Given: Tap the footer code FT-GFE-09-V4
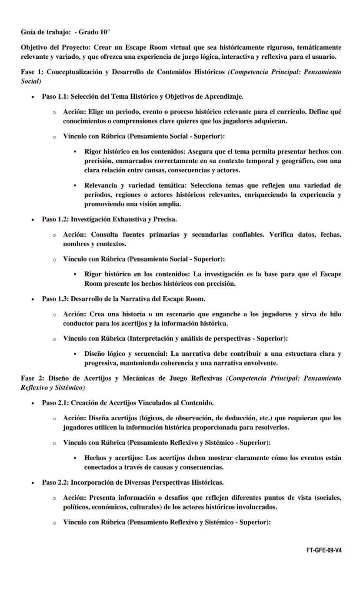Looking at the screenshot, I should [323, 550].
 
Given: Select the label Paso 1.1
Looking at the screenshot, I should [55, 96].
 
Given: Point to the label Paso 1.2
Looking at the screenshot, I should [55, 219].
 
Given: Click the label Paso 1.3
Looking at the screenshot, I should [55, 298].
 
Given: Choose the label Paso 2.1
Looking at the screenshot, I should [55, 402].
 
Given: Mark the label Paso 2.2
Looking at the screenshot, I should [55, 482].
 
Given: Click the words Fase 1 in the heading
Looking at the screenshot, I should [31, 72].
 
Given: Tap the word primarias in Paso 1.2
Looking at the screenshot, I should [163, 235].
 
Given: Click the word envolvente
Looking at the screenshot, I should [261, 363].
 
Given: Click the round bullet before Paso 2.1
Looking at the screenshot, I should [33, 403].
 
